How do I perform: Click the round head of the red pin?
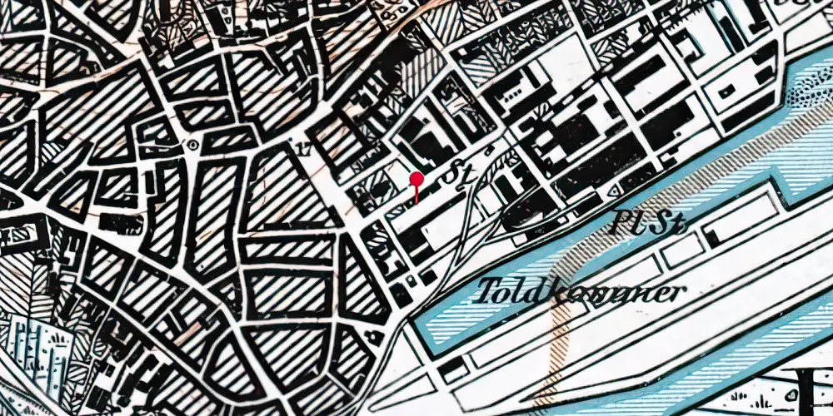pos(417,179)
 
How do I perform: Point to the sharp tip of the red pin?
pos(416,203)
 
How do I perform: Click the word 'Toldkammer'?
pos(581,290)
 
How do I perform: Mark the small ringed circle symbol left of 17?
pos(194,144)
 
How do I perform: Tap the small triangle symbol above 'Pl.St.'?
pos(616,191)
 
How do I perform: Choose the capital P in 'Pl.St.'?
pos(621,221)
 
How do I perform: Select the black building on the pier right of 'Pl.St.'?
pos(713,238)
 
